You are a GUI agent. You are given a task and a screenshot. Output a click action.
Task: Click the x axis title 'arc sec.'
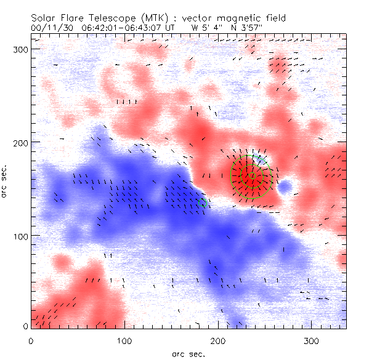point(188,354)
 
